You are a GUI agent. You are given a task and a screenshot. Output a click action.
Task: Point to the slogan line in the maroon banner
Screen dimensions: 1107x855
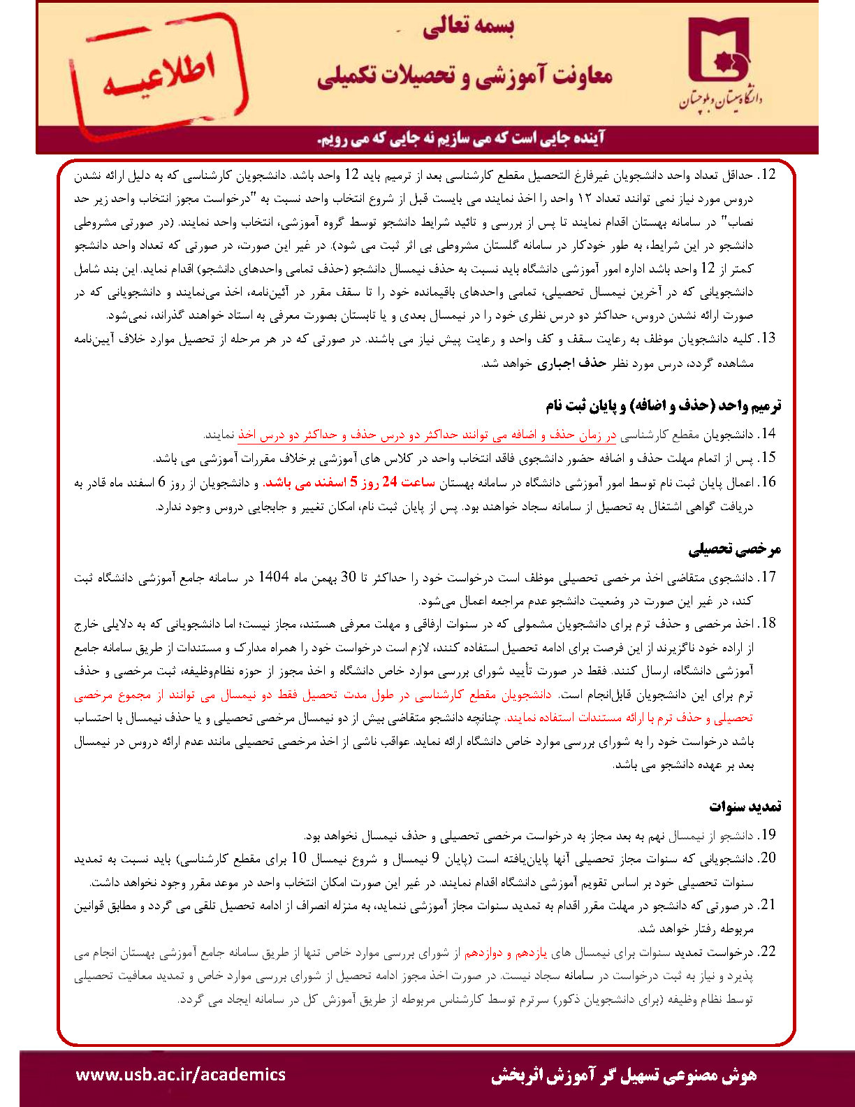(x=461, y=138)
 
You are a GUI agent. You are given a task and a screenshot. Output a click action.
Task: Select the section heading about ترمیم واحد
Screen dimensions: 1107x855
(x=663, y=405)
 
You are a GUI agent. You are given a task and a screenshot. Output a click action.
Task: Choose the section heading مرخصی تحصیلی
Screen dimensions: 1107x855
(x=735, y=549)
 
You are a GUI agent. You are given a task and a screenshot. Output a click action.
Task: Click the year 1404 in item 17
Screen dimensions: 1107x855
(x=273, y=577)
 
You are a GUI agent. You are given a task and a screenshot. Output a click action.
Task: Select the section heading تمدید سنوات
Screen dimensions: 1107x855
(x=745, y=806)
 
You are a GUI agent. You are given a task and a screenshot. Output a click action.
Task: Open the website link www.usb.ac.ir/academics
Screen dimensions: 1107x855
(x=180, y=1074)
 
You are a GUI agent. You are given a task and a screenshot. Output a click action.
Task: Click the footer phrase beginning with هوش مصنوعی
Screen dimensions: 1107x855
(x=623, y=1075)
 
